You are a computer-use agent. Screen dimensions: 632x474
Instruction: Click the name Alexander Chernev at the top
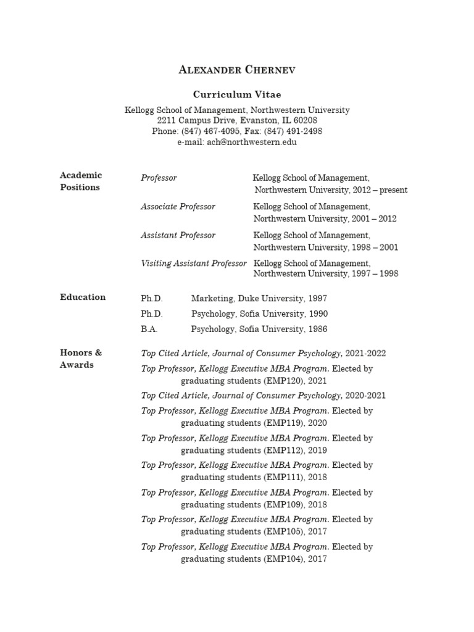[x=237, y=70]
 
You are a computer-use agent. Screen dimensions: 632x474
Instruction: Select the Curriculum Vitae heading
[x=237, y=94]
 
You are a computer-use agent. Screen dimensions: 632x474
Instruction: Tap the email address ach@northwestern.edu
[x=252, y=142]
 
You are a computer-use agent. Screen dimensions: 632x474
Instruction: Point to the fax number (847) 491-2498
[x=296, y=131]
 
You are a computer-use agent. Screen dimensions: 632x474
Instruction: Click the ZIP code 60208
[x=305, y=121]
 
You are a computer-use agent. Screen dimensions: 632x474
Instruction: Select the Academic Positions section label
[x=81, y=181]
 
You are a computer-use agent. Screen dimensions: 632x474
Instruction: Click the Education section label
[x=83, y=297]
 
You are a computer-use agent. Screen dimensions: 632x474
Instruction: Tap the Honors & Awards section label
[x=81, y=359]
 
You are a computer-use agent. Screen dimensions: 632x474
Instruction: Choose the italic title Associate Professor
[x=178, y=207]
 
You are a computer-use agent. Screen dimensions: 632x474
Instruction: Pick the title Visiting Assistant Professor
[x=194, y=263]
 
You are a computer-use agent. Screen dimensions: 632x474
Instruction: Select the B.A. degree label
[x=149, y=330]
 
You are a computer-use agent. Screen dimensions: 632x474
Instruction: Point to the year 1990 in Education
[x=317, y=314]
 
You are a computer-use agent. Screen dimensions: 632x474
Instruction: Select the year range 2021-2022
[x=366, y=354]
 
